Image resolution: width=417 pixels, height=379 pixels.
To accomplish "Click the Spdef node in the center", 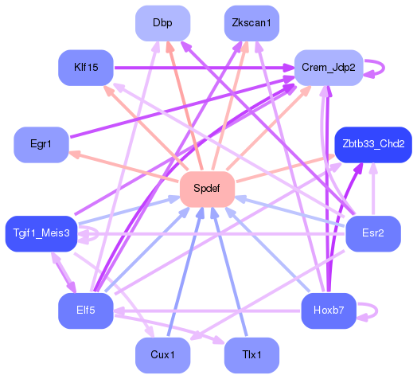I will (x=206, y=189).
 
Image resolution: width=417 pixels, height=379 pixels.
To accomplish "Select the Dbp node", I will (x=162, y=23).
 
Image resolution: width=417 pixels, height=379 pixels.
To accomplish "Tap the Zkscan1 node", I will (x=251, y=23).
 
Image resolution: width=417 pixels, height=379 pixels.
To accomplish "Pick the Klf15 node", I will (x=87, y=68).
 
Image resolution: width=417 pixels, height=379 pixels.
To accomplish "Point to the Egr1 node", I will (x=41, y=144).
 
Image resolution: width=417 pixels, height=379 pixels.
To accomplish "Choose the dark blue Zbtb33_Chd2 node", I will (x=372, y=144).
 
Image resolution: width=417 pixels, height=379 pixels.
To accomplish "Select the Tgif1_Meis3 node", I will (x=41, y=233).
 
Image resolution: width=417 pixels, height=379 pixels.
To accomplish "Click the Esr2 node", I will (x=372, y=233).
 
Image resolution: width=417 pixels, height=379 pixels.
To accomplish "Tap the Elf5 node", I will (x=87, y=310).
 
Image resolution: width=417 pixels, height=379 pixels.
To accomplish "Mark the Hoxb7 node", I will (x=329, y=310).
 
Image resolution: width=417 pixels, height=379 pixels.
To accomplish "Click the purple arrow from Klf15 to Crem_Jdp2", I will (x=199, y=68).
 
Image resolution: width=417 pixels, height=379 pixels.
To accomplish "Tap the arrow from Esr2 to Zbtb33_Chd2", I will (x=372, y=191).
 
